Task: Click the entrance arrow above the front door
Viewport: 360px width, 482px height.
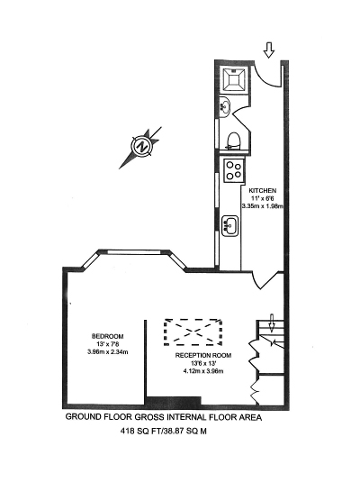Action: pos(269,50)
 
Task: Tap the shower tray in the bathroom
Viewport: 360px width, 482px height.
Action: pos(234,79)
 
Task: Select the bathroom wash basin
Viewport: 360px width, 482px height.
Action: pos(224,106)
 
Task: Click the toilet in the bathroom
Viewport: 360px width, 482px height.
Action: pos(234,141)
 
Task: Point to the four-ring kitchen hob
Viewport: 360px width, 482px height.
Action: pos(234,170)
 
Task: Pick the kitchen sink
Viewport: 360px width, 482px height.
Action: pos(229,225)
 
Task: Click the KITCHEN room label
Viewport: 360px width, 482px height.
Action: pos(262,191)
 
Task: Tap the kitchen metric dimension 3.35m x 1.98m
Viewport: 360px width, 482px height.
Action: pos(262,206)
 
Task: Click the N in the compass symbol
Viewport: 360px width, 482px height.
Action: pos(142,146)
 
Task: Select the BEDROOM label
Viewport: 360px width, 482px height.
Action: pos(107,336)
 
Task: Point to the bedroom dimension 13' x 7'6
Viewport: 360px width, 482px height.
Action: pos(107,344)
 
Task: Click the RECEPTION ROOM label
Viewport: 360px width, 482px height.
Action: pos(203,355)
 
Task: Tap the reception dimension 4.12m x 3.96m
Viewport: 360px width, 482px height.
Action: pos(203,371)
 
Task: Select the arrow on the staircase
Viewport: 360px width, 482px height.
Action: pos(271,323)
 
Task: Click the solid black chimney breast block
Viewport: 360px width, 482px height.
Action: pos(173,401)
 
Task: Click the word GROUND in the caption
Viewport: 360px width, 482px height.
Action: pos(83,417)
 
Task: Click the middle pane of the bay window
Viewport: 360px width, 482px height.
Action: pos(134,252)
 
